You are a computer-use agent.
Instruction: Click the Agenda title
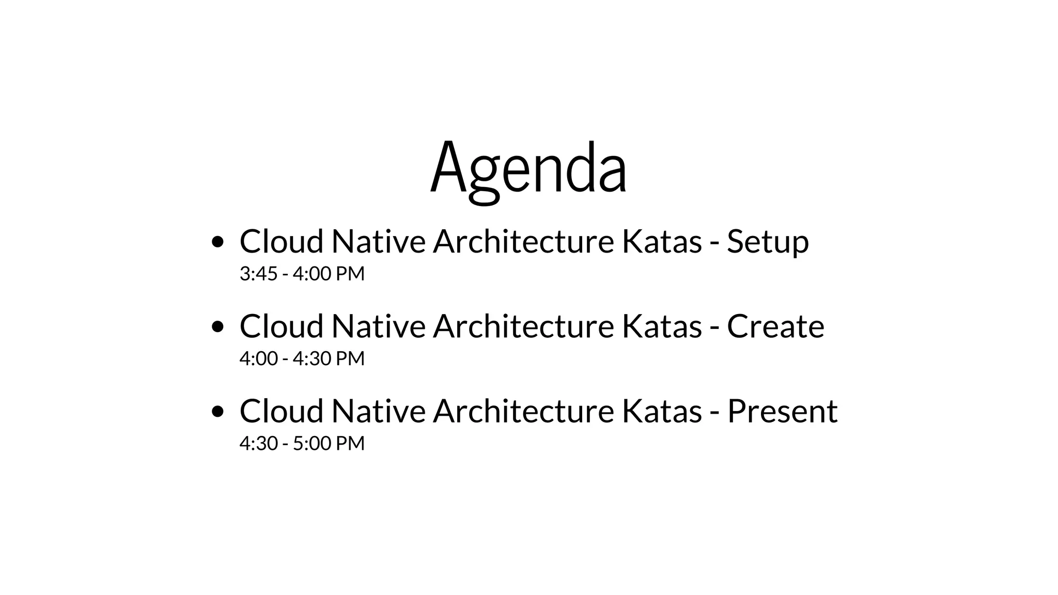528,168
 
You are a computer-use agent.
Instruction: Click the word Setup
768,242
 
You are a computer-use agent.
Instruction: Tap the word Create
775,326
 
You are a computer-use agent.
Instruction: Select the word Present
782,411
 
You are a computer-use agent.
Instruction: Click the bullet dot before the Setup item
218,242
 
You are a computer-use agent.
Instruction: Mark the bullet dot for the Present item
218,411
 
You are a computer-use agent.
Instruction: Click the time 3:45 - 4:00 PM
302,274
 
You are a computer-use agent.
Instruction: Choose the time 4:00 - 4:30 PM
302,358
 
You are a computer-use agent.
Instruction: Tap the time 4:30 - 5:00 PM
302,444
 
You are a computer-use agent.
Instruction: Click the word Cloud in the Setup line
282,242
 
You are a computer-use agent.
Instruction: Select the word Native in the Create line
378,326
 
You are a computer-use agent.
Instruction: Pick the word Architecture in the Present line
523,411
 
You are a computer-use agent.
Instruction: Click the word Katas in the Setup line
662,242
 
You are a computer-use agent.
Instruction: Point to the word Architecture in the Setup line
523,242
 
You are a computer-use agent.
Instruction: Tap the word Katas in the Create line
662,326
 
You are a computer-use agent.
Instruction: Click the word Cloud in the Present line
282,411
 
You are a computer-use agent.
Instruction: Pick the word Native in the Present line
378,411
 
